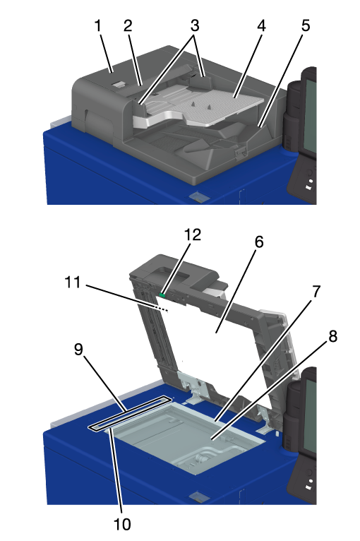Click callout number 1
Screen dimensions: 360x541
pyautogui.click(x=98, y=26)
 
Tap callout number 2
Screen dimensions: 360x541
pyautogui.click(x=128, y=26)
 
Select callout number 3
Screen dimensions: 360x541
pyautogui.click(x=195, y=26)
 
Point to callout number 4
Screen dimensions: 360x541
pyautogui.click(x=261, y=26)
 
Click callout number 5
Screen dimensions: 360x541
pyautogui.click(x=306, y=26)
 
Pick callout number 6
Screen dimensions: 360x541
pyautogui.click(x=259, y=242)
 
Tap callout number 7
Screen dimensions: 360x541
pyautogui.click(x=316, y=292)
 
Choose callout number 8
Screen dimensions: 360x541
pyautogui.click(x=332, y=335)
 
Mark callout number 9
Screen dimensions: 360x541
pyautogui.click(x=79, y=349)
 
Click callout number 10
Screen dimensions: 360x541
pyautogui.click(x=122, y=524)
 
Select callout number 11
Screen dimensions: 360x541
pyautogui.click(x=73, y=283)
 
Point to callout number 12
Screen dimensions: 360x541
pyautogui.click(x=193, y=234)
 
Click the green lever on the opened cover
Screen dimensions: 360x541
pyautogui.click(x=162, y=295)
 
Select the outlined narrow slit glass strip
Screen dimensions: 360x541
pyautogui.click(x=130, y=412)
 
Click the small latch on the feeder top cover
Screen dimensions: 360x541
pyautogui.click(x=119, y=85)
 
